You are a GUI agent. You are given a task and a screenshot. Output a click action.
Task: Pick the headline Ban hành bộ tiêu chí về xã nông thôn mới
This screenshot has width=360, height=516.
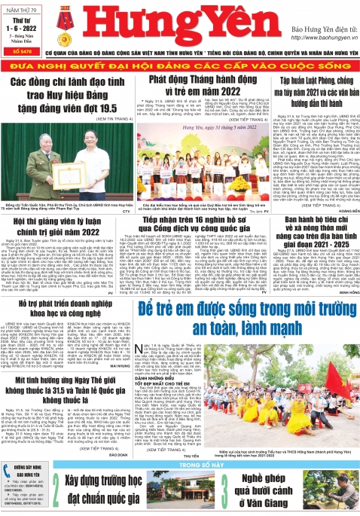coord(307,249)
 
